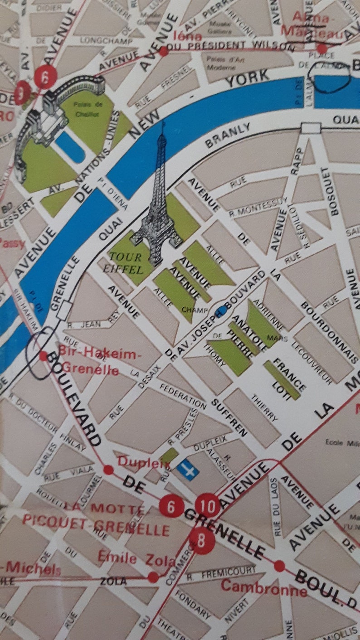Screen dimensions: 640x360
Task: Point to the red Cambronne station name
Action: (x=264, y=587)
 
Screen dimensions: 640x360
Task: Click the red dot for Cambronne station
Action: (x=279, y=566)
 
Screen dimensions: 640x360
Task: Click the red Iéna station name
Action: (x=188, y=36)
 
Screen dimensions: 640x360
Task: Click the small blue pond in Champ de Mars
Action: (x=222, y=310)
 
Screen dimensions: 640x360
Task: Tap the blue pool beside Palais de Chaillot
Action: (x=70, y=146)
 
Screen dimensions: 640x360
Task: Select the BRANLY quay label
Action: (x=228, y=135)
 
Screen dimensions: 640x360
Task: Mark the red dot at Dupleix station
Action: (x=108, y=470)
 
